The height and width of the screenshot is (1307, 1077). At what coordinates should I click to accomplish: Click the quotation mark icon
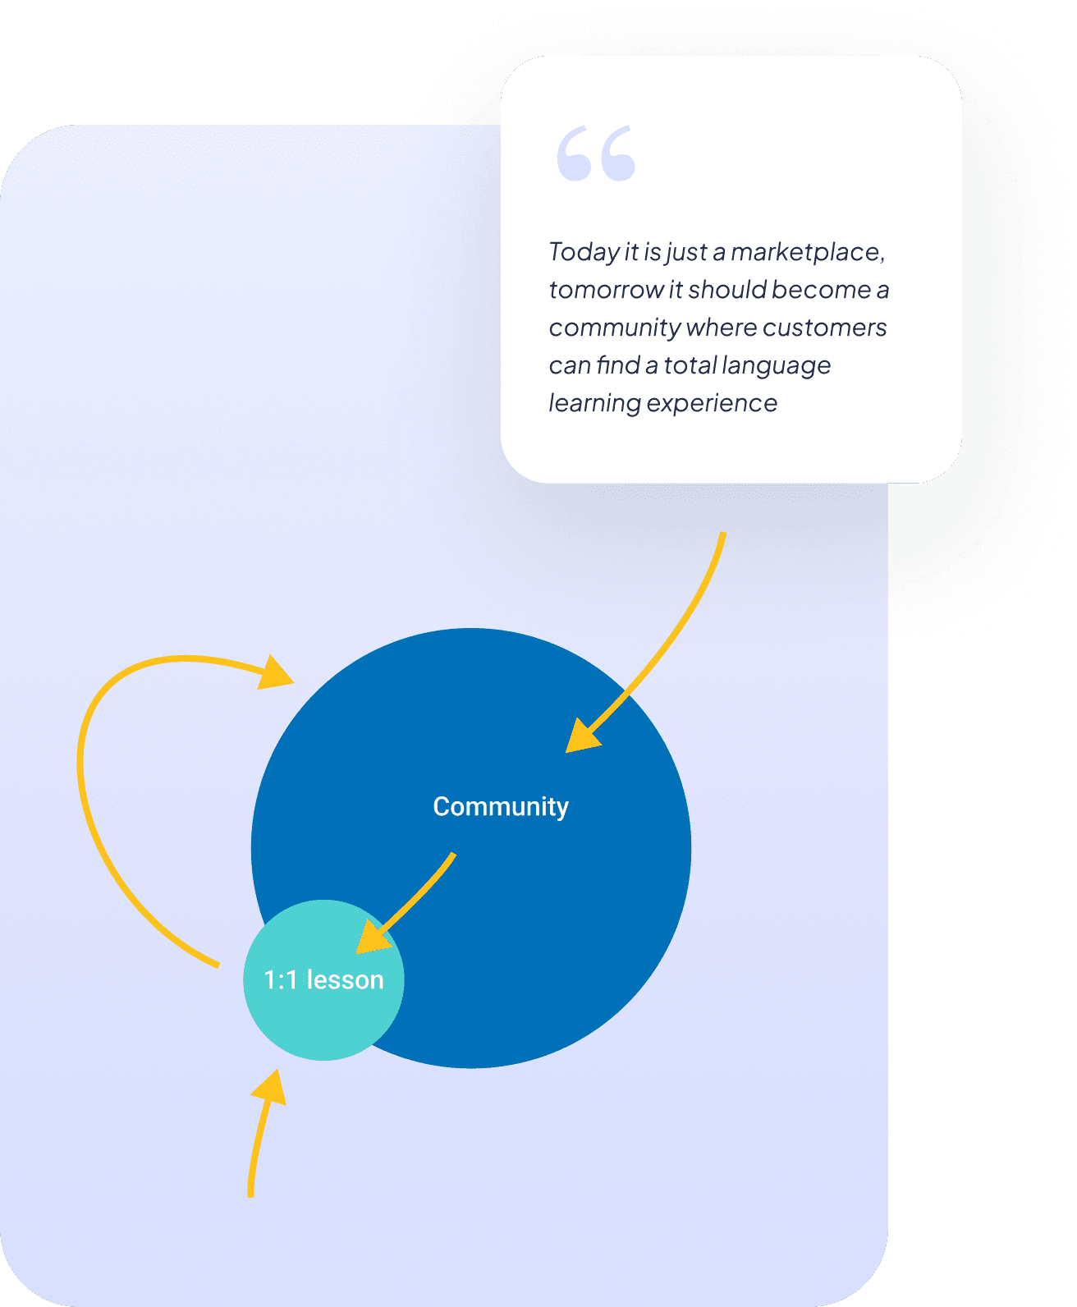596,154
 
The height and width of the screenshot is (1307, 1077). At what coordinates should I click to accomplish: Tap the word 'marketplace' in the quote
807,252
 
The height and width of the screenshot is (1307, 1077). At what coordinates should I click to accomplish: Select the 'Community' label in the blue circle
501,807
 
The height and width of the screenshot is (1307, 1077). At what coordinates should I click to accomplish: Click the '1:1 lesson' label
323,980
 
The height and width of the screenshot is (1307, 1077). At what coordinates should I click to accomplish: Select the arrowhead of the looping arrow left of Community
277,672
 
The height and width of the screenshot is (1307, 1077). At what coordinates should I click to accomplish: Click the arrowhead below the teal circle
270,1089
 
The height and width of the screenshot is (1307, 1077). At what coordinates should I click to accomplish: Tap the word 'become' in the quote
821,290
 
